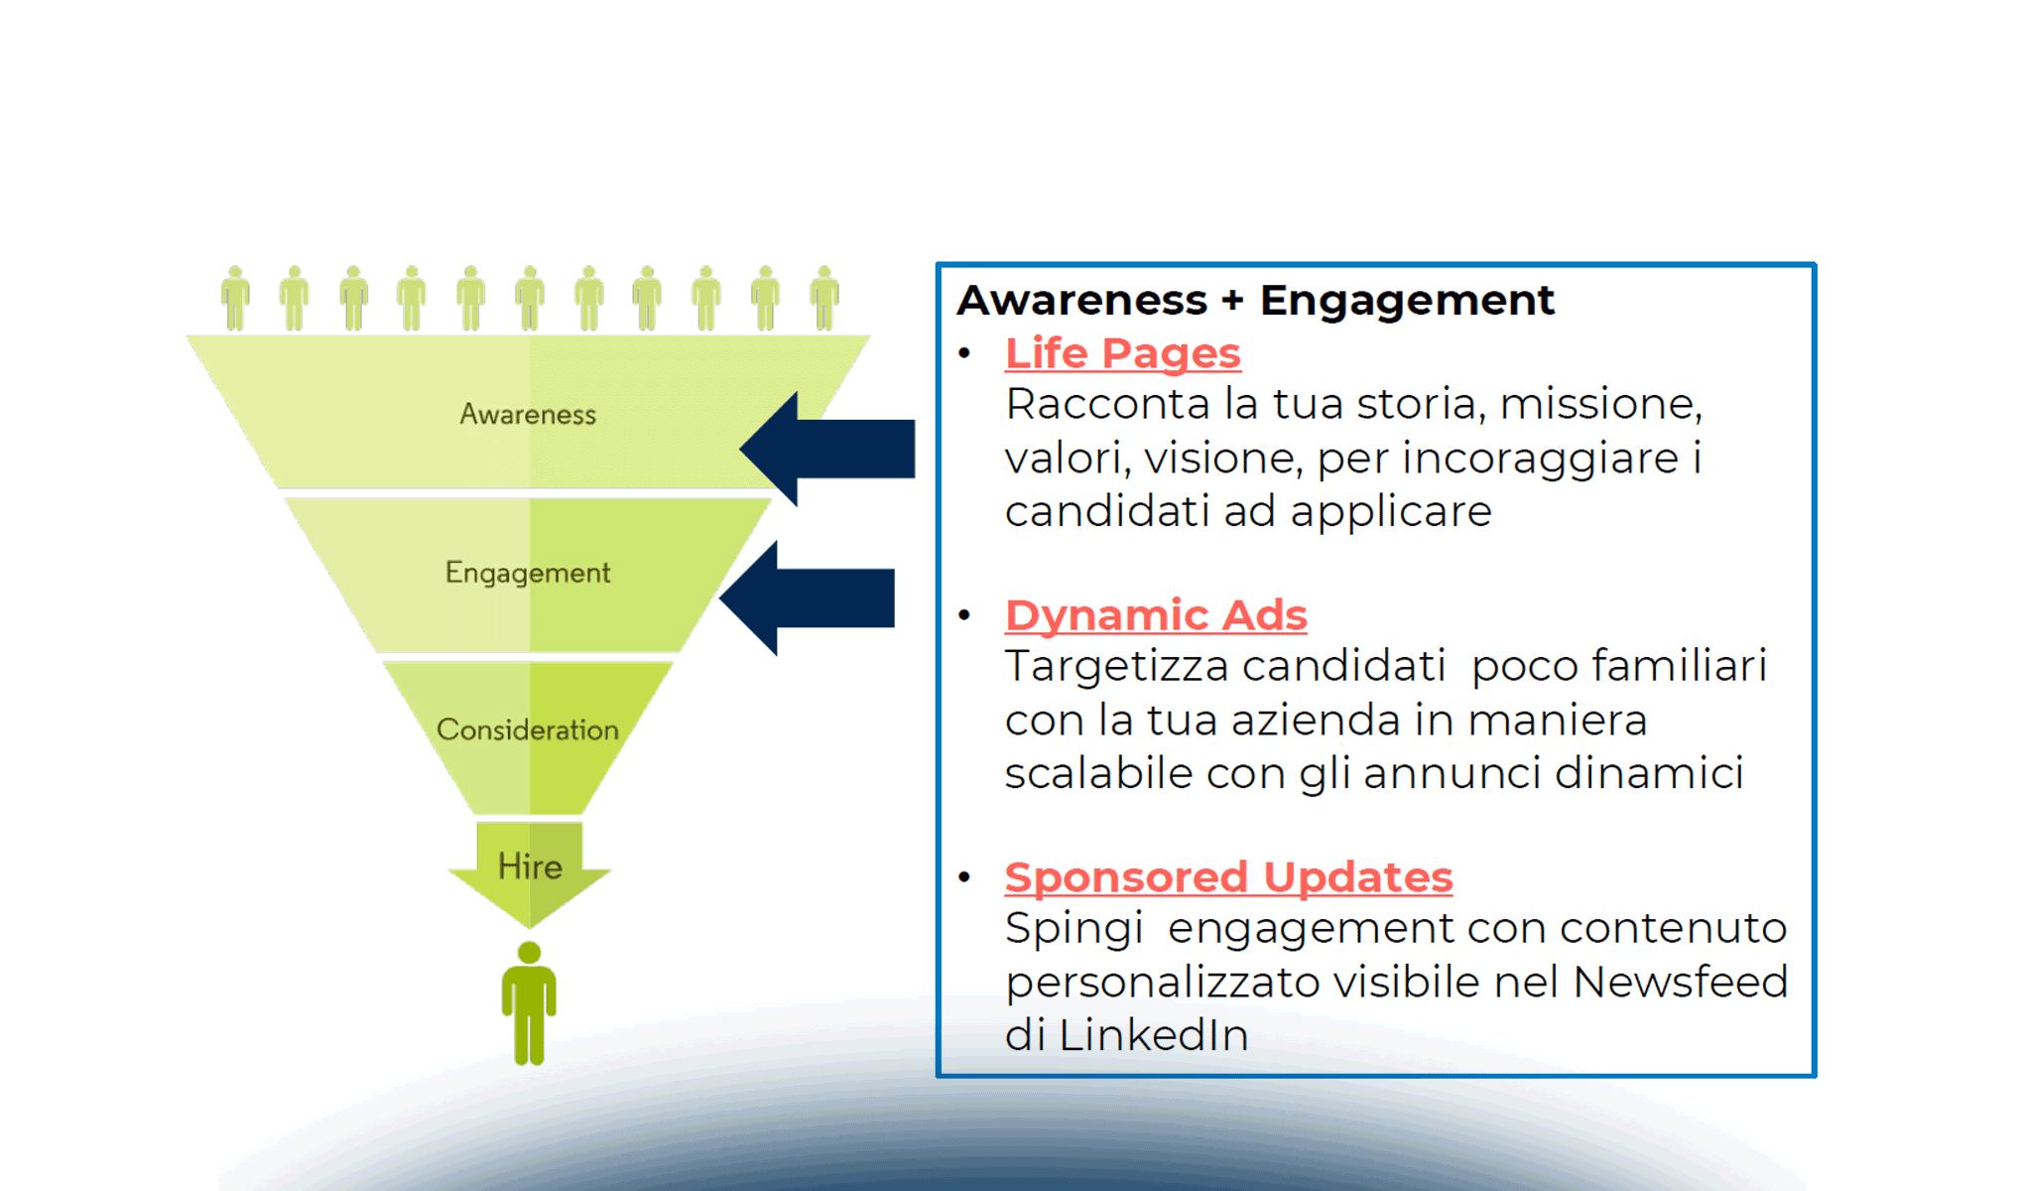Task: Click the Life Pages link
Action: point(1122,354)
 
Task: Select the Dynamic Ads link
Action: point(1156,615)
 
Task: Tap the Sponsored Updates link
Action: point(1228,877)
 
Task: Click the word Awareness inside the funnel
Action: point(528,415)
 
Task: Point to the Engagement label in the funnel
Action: point(528,573)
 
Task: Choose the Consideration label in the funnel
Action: point(528,730)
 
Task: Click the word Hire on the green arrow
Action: point(530,866)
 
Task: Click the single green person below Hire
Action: point(529,1002)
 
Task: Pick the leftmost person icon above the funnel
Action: point(235,298)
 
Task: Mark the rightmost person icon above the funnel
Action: point(824,298)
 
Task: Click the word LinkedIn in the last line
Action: point(1153,1035)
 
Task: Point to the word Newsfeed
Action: point(1680,982)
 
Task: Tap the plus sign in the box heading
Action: point(1232,301)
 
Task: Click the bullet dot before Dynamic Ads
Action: point(964,615)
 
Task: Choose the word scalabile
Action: point(1097,773)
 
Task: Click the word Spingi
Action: point(1074,929)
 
